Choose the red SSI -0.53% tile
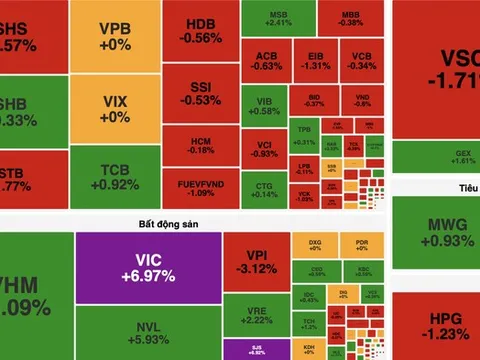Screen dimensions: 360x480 [201, 95]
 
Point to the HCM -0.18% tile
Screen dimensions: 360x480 [201, 145]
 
